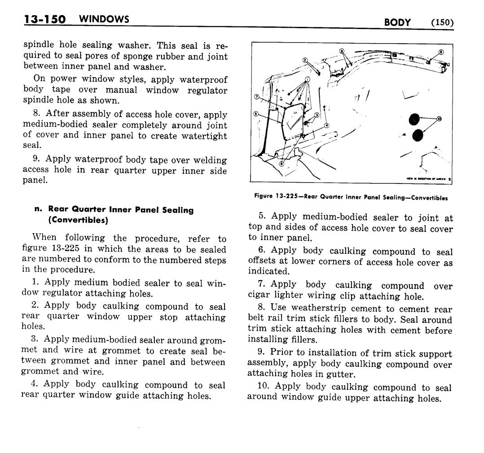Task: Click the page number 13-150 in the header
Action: pyautogui.click(x=44, y=20)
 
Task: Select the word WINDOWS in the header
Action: pyautogui.click(x=103, y=19)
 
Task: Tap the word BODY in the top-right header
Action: pyautogui.click(x=398, y=23)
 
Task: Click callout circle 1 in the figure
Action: pyautogui.click(x=308, y=79)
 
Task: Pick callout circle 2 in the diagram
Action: pyautogui.click(x=305, y=60)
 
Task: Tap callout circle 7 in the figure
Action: pyautogui.click(x=256, y=97)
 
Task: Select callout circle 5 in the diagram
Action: pyautogui.click(x=255, y=114)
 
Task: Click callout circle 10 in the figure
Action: pyautogui.click(x=439, y=118)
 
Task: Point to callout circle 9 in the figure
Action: pyautogui.click(x=341, y=51)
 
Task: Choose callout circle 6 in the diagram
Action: pyautogui.click(x=282, y=164)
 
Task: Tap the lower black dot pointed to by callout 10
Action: pyautogui.click(x=418, y=135)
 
